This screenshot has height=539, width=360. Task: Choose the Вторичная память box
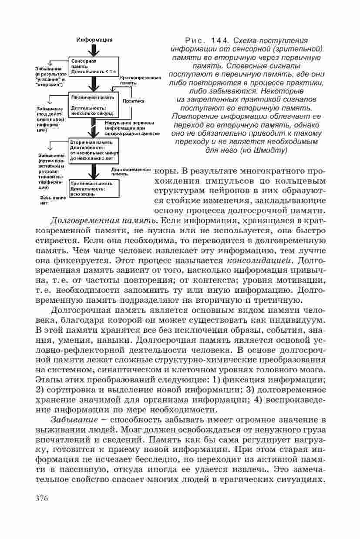[94, 151]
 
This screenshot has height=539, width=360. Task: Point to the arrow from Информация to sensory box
[92, 49]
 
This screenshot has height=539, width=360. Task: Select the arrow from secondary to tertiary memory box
[92, 171]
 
